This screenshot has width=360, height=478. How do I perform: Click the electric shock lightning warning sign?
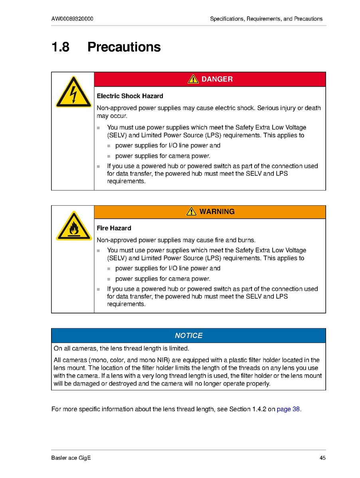[73, 92]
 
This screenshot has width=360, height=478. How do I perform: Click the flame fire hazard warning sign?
[73, 226]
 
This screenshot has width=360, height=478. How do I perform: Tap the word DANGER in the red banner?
[217, 79]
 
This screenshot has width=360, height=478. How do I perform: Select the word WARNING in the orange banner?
[217, 212]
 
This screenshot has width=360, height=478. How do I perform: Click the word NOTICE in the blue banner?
[188, 335]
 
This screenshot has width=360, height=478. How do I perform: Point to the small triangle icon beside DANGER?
[193, 79]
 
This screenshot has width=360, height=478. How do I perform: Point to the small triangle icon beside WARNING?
[191, 211]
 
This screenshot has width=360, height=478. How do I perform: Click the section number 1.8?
[60, 47]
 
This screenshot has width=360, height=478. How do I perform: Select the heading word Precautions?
[124, 47]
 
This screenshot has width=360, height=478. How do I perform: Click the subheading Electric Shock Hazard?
[130, 96]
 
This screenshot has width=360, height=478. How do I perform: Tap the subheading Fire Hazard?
[114, 228]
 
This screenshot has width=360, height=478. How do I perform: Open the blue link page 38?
[288, 409]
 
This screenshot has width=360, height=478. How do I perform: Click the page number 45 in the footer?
[322, 458]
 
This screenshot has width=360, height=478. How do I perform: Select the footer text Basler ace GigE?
[71, 458]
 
